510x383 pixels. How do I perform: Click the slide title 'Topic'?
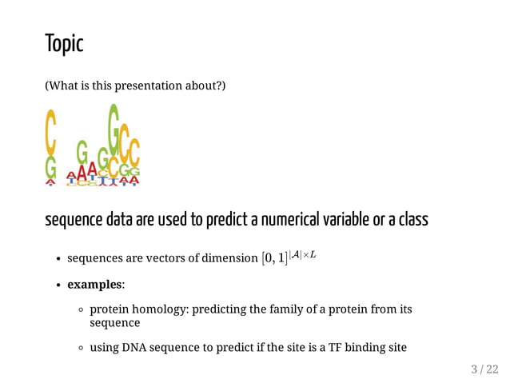pyautogui.click(x=64, y=44)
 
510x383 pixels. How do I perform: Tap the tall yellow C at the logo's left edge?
pyautogui.click(x=50, y=133)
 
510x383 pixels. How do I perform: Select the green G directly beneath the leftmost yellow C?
pyautogui.click(x=50, y=167)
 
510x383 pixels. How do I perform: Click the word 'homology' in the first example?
pyautogui.click(x=159, y=309)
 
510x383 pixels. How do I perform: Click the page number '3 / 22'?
pyautogui.click(x=484, y=369)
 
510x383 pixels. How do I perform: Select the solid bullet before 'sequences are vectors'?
pyautogui.click(x=59, y=259)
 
